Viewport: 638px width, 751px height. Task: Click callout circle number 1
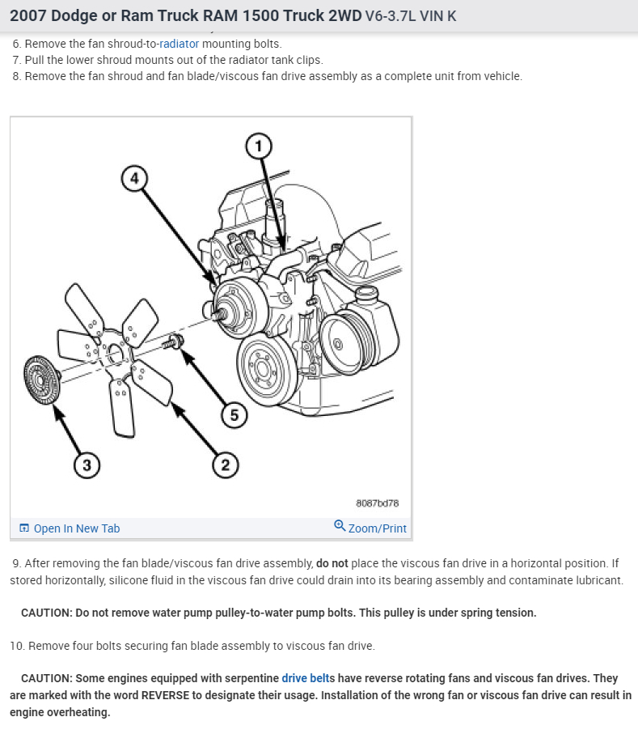(258, 146)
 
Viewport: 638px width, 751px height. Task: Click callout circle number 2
(225, 465)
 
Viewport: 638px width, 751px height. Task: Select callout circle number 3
(86, 465)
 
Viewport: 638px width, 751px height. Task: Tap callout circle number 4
(135, 176)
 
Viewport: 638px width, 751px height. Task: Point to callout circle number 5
(234, 415)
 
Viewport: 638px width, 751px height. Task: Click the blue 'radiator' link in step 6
(179, 44)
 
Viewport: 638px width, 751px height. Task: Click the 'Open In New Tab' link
(76, 528)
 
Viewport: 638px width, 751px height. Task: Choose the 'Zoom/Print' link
(377, 528)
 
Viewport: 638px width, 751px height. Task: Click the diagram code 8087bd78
(377, 503)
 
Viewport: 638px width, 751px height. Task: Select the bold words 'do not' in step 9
(332, 563)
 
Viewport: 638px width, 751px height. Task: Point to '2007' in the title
(27, 15)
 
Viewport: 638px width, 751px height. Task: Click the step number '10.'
(17, 646)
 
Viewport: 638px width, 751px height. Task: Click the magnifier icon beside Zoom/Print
(340, 526)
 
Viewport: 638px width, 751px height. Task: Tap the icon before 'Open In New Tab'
(24, 528)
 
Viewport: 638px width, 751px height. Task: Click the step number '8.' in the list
(17, 76)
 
